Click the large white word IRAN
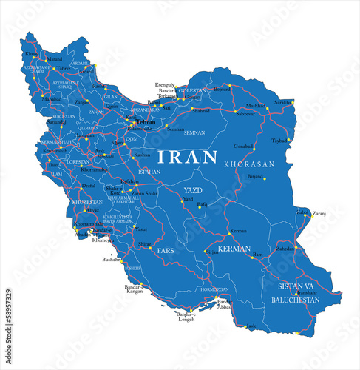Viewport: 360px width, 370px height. tap(187, 157)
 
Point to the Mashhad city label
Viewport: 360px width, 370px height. tap(255, 105)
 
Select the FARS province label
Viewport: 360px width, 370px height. tap(165, 251)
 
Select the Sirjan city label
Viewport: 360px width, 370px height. tap(212, 252)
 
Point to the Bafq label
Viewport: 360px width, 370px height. tap(202, 203)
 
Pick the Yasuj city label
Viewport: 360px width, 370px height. tap(142, 229)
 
